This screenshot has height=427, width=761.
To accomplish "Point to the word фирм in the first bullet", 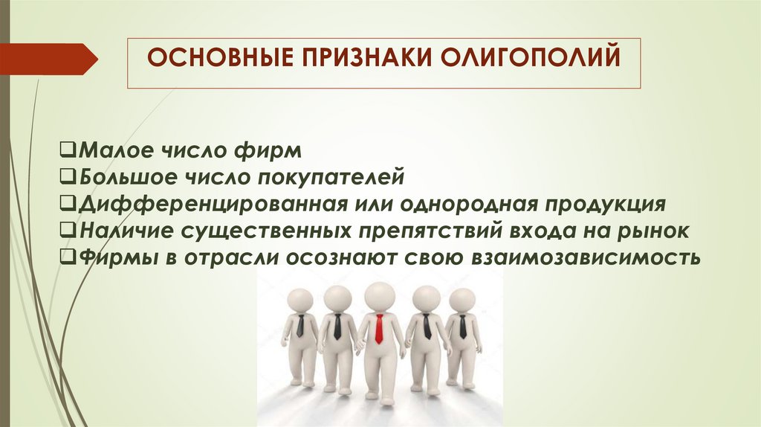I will (x=268, y=152).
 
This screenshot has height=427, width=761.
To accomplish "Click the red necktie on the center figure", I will (x=379, y=329).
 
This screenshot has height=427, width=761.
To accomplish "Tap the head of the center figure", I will (x=380, y=295).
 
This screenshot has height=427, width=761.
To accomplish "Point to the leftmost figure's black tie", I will (x=300, y=326).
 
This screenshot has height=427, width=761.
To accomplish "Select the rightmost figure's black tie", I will (x=462, y=326).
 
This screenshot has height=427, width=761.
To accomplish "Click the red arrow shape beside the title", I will (x=48, y=58).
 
